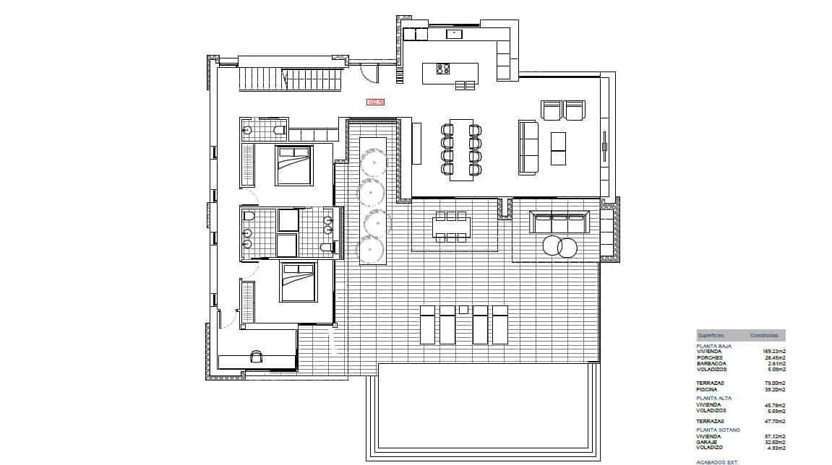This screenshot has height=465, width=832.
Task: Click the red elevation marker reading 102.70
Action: point(375,102)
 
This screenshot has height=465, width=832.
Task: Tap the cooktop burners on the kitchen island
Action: point(441,69)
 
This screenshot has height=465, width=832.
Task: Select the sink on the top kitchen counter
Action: point(454,33)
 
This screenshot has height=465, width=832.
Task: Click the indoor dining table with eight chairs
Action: point(461,149)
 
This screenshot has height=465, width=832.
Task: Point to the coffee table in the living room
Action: point(559,149)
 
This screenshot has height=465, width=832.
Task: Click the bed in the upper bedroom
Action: point(293,165)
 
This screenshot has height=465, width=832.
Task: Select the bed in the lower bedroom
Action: point(299,282)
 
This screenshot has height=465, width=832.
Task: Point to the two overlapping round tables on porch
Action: point(559,247)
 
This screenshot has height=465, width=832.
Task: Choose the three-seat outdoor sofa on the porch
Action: point(559,222)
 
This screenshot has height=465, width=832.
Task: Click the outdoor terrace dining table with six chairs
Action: point(452,227)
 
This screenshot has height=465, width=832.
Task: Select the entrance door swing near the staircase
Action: point(369,73)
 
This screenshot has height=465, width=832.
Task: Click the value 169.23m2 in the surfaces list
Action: point(773,352)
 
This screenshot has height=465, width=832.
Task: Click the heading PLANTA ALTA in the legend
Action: point(713,398)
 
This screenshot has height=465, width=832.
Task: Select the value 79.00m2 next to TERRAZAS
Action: point(774,383)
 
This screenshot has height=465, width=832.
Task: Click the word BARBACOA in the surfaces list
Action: point(711,363)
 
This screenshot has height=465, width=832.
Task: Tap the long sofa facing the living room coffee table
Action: point(528,148)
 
